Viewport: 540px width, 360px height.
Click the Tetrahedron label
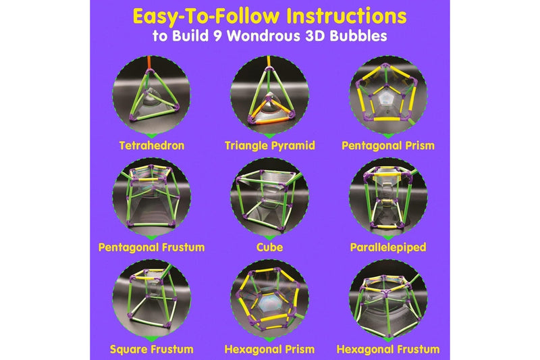151,145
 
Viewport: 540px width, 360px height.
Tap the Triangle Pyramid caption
270,145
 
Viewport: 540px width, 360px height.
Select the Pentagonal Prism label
388,145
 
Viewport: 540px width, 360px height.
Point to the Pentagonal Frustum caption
151,247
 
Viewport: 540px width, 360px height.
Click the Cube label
270,247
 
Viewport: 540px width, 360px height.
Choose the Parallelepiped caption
388,247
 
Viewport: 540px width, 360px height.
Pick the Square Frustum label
151,349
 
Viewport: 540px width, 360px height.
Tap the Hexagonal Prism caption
270,349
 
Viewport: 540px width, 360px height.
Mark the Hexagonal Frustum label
388,349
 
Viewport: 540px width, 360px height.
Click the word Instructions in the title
338,16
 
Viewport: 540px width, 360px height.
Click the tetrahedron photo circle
151,95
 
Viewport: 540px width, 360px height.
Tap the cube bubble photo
270,197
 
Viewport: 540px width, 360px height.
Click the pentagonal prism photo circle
388,95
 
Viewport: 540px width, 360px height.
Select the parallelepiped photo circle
388,197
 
